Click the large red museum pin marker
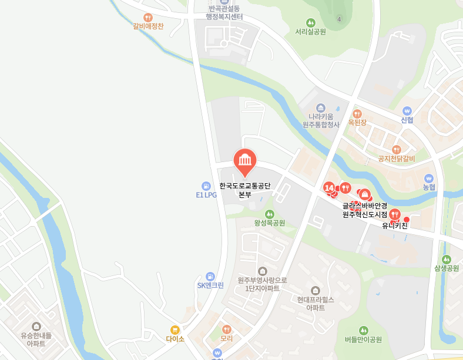tap(244, 160)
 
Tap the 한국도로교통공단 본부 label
tap(244, 190)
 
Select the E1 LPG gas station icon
tap(206, 186)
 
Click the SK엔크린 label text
tap(210, 285)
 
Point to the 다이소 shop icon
tap(175, 329)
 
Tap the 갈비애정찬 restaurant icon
tap(148, 17)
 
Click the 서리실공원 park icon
tap(311, 22)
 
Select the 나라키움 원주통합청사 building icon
tap(321, 108)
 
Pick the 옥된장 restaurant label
tap(357, 123)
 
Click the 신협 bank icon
tap(407, 110)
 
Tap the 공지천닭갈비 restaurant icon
tap(397, 149)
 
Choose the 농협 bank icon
tap(429, 178)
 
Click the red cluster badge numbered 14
tap(328, 187)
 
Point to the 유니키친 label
tap(395, 225)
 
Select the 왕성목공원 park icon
tap(269, 214)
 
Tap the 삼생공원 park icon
tap(447, 259)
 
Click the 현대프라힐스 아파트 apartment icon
tap(316, 290)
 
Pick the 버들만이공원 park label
tap(363, 339)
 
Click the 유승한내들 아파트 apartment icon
tap(36, 327)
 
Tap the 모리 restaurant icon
tap(227, 329)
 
